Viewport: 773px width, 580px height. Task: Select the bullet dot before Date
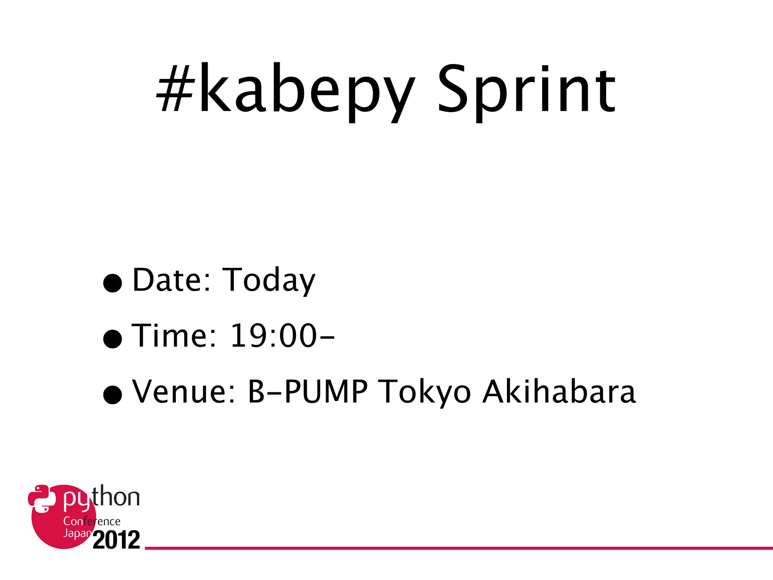112,283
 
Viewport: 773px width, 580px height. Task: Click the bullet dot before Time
112,338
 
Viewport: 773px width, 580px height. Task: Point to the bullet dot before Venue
112,395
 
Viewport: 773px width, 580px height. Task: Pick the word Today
269,280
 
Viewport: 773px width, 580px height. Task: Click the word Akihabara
559,392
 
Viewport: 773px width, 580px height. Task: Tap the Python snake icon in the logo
39,498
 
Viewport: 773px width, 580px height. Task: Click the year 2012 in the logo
116,540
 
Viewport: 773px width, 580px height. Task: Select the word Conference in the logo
92,521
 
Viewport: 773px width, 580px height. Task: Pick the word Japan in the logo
77,533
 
